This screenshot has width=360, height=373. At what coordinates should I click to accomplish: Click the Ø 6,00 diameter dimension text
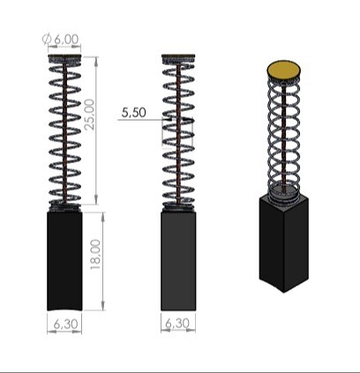pyautogui.click(x=61, y=39)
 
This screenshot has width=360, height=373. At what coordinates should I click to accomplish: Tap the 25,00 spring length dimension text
pyautogui.click(x=89, y=115)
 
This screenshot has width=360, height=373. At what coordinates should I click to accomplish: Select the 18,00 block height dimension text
pyautogui.click(x=95, y=255)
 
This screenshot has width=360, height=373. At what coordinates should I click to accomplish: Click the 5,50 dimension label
pyautogui.click(x=133, y=112)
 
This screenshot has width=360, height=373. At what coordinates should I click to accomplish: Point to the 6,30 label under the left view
pyautogui.click(x=66, y=324)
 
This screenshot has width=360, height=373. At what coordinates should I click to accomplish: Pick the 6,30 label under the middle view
pyautogui.click(x=177, y=324)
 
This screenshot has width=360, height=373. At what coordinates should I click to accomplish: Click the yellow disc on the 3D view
pyautogui.click(x=284, y=70)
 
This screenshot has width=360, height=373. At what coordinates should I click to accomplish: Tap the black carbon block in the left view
pyautogui.click(x=64, y=261)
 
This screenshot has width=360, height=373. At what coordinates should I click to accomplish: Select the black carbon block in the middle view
pyautogui.click(x=178, y=261)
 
